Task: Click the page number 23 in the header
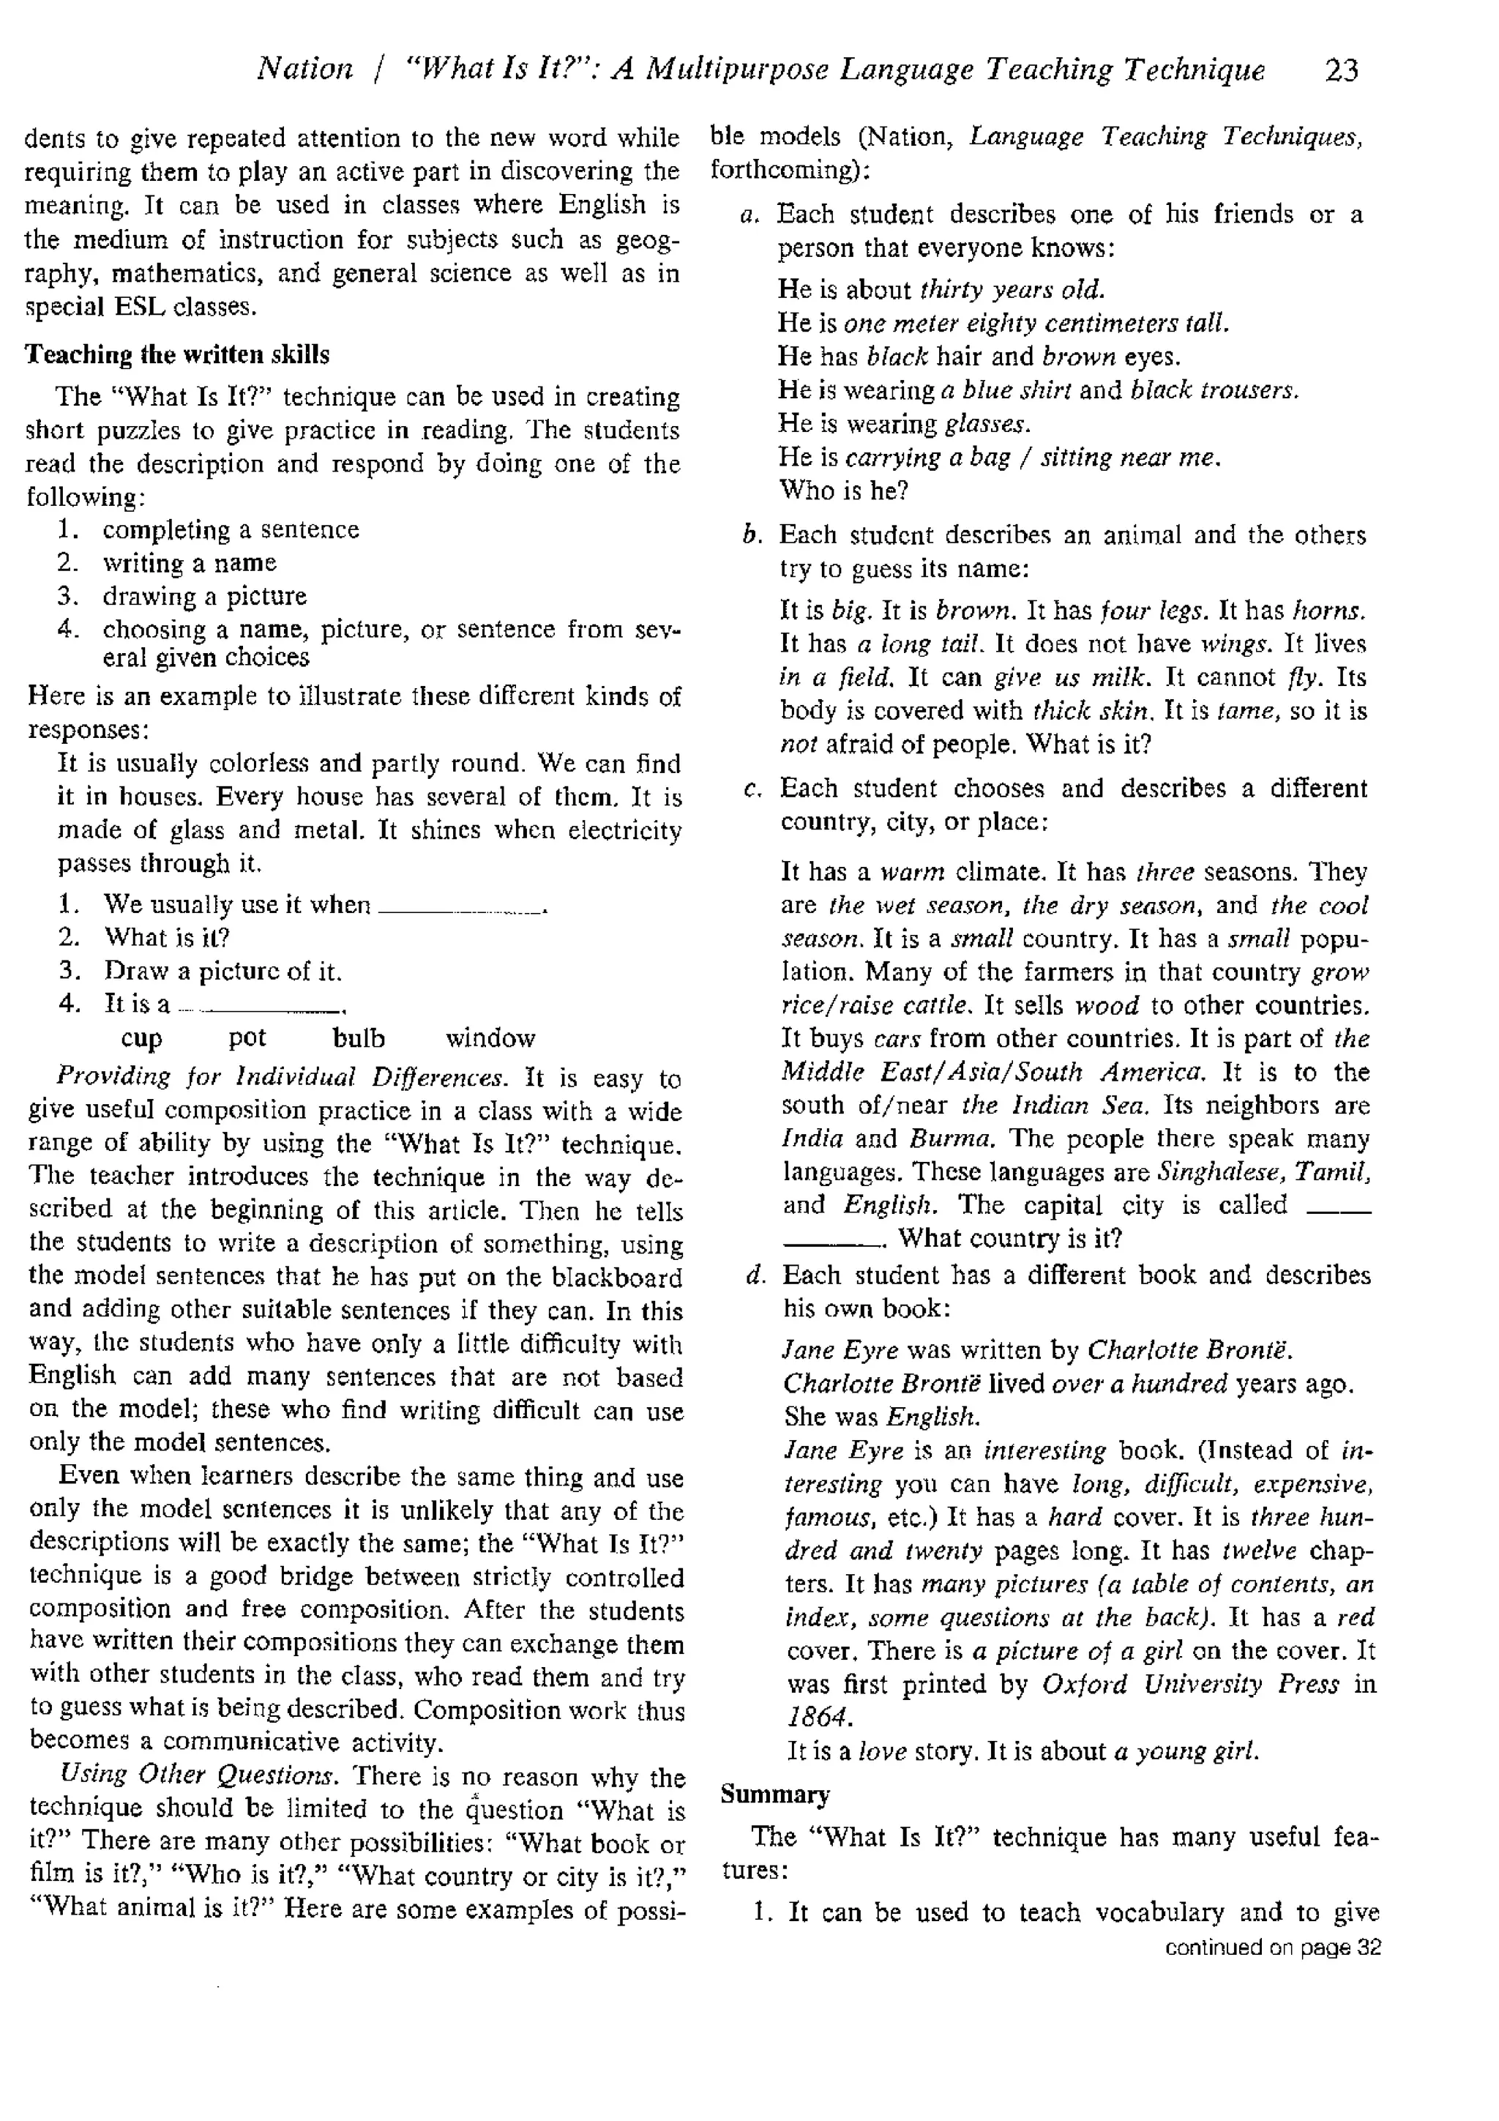[x=1341, y=70]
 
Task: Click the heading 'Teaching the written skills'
[x=176, y=355]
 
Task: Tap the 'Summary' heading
[x=775, y=1794]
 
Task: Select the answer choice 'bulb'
[x=359, y=1038]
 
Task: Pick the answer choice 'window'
[x=490, y=1038]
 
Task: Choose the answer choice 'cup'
[x=141, y=1038]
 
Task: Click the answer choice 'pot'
[x=247, y=1038]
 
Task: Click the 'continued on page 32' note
[x=1273, y=1947]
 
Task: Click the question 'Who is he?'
[x=843, y=491]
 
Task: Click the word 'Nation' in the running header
[x=304, y=70]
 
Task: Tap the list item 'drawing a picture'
[x=204, y=596]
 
